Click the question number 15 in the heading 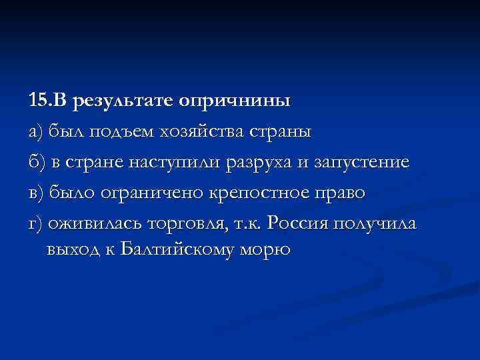click(x=38, y=101)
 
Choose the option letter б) click(x=36, y=162)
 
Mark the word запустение click(x=358, y=162)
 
